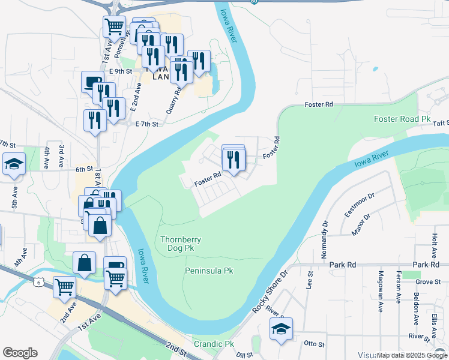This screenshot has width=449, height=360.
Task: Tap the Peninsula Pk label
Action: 208,271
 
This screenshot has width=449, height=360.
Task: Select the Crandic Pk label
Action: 213,344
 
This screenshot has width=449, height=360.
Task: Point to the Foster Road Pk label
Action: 402,119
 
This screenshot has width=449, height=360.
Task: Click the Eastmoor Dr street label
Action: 360,204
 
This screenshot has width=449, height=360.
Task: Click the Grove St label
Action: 428,281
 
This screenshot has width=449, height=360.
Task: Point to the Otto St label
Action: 314,344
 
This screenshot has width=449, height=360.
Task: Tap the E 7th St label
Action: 146,124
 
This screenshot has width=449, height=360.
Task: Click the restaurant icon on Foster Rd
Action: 234,159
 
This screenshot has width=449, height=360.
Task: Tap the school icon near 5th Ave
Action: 13,164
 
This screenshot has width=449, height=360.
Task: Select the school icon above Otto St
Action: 281,329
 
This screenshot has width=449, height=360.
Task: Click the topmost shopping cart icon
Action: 113,26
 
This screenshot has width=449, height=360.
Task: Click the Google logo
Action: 20,353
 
